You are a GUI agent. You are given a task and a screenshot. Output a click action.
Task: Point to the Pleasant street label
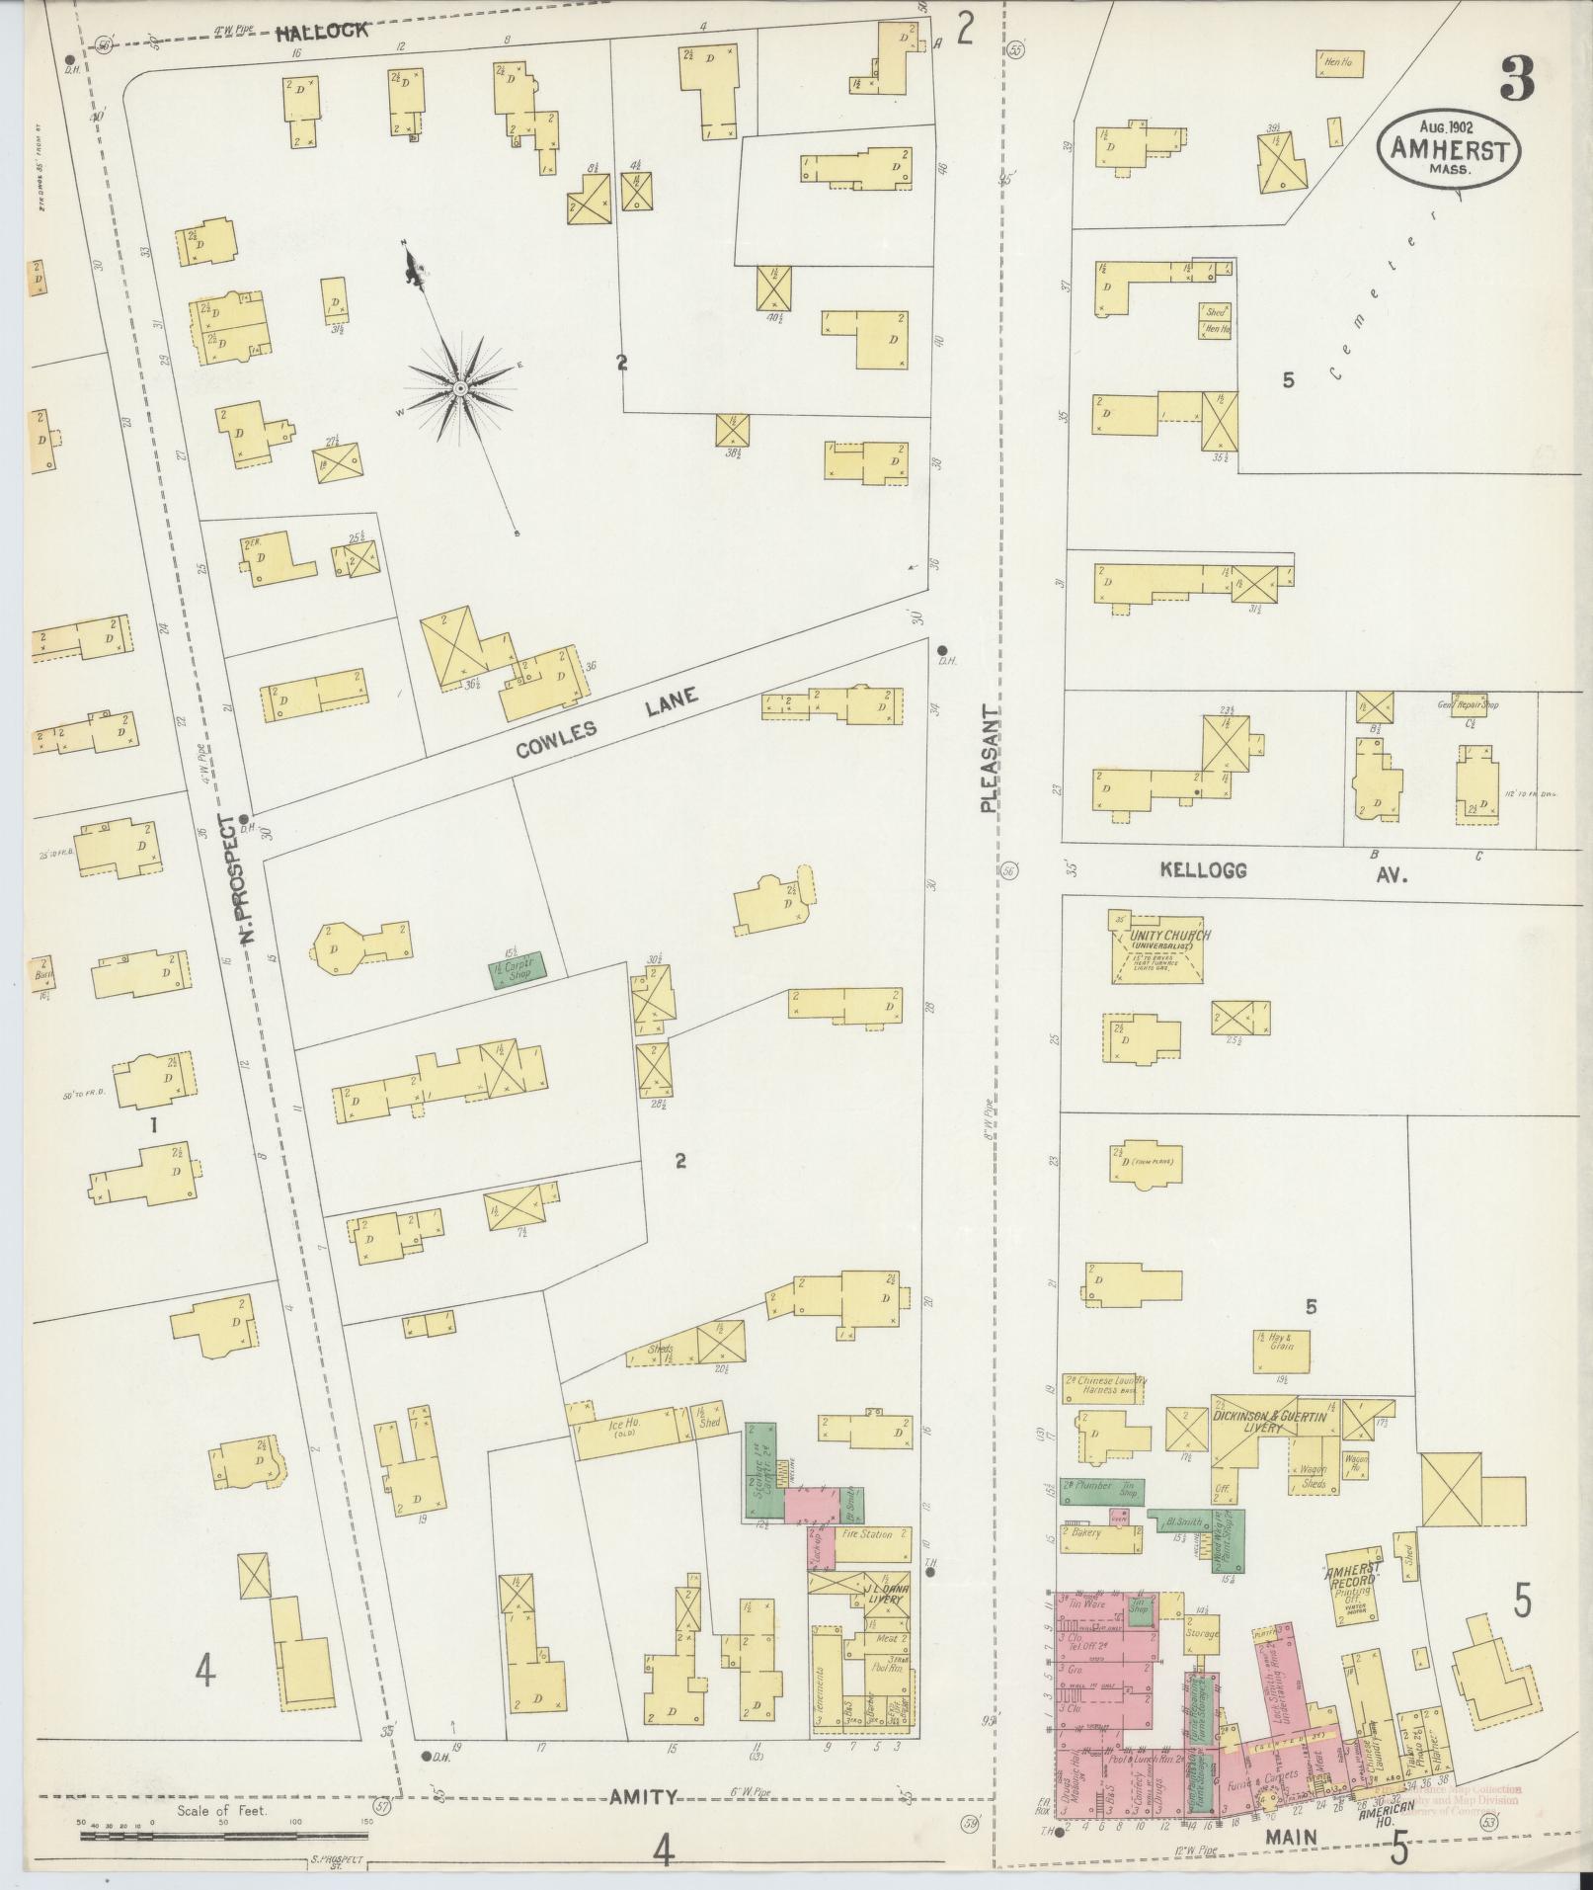(x=989, y=759)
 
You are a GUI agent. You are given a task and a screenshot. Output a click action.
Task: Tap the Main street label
(x=1293, y=1836)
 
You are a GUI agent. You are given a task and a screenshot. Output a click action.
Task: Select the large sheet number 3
(x=1516, y=79)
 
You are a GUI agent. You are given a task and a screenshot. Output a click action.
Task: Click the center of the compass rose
(x=460, y=388)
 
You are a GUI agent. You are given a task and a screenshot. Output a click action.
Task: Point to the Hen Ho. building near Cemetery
(x=1337, y=63)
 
